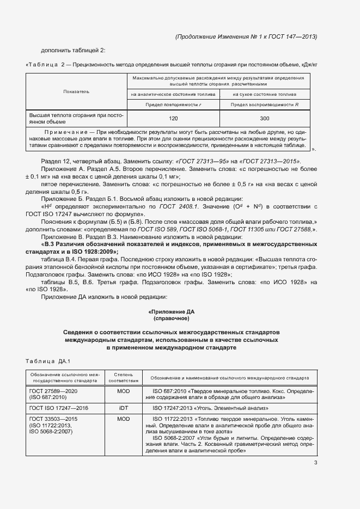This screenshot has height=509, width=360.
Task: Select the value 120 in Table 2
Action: point(174,118)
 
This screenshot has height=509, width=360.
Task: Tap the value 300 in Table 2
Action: point(264,118)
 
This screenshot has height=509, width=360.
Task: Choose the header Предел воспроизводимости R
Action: point(264,104)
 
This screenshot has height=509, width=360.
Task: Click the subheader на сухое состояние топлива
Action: point(264,94)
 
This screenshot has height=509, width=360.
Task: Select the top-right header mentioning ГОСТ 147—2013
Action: point(246,36)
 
